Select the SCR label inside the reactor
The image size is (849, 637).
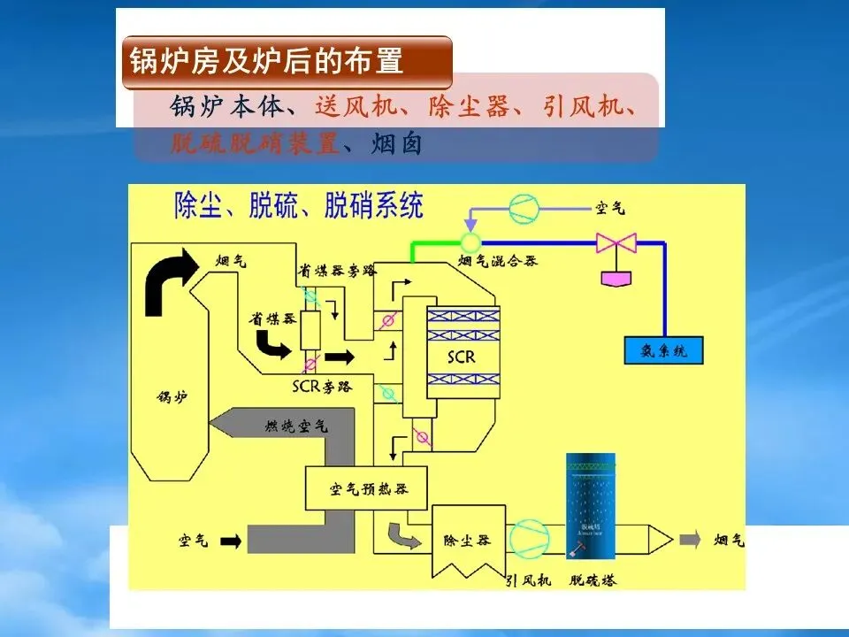(462, 357)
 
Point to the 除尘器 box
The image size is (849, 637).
(466, 540)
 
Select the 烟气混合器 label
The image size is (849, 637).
(498, 261)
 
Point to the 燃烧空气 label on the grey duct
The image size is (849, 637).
(296, 426)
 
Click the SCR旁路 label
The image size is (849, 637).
(322, 386)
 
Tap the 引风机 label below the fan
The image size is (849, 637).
(529, 580)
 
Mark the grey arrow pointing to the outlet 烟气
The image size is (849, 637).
(689, 540)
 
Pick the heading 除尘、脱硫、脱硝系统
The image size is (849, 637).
(299, 206)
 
